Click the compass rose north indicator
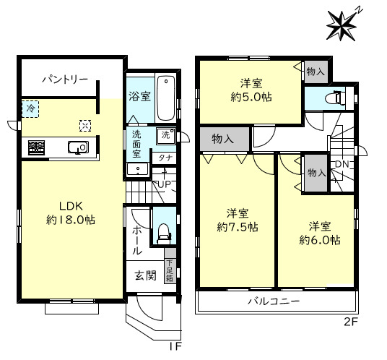[342, 25]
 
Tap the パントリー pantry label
[65, 80]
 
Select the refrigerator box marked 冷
[30, 108]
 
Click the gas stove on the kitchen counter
[36, 147]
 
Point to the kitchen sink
[78, 147]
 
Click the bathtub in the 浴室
[166, 98]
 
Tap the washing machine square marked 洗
[165, 135]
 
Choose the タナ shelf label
[165, 158]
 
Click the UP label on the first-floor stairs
[162, 184]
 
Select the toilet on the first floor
[164, 233]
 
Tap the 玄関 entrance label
[146, 275]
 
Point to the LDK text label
[71, 206]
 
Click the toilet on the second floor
[334, 98]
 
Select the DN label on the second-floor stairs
[342, 164]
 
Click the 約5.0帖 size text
[251, 97]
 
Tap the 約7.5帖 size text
[238, 226]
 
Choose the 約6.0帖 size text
[320, 240]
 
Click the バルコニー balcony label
[274, 301]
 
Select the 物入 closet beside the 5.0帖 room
[316, 72]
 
